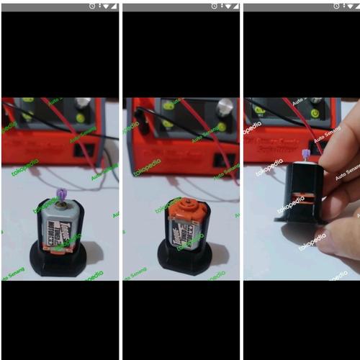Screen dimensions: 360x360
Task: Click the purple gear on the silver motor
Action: [60, 193]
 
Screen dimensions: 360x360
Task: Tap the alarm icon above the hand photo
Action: [333, 6]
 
